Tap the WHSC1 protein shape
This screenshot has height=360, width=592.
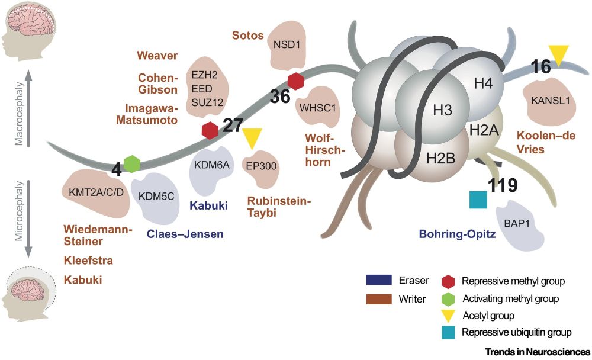coord(318,107)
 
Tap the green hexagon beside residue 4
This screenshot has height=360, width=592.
coord(132,163)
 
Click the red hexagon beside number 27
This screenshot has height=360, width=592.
coord(210,130)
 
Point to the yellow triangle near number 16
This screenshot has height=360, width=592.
coord(557,56)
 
